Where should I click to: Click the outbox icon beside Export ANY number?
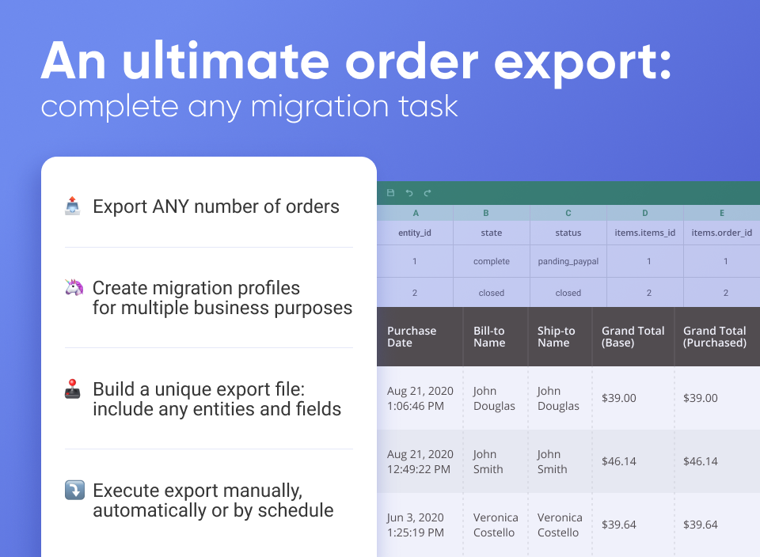coord(73,207)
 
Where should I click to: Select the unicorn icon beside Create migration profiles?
coord(73,288)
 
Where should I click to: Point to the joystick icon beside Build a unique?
coord(73,389)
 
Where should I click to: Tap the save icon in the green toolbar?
coord(390,193)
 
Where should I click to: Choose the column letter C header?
coord(568,213)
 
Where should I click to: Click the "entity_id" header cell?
coord(415,233)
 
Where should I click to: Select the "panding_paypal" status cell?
coord(568,261)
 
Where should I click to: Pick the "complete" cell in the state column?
coord(491,261)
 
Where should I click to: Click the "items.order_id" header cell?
coord(721,233)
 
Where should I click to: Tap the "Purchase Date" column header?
coord(412,337)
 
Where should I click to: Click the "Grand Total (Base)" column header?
coord(633,337)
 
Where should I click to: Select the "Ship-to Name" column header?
coord(556,337)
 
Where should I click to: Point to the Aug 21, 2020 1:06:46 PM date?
coord(420,398)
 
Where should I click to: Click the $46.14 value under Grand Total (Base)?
coord(618,461)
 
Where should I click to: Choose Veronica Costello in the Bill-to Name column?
coord(495,525)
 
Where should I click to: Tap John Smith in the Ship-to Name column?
coord(552,461)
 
